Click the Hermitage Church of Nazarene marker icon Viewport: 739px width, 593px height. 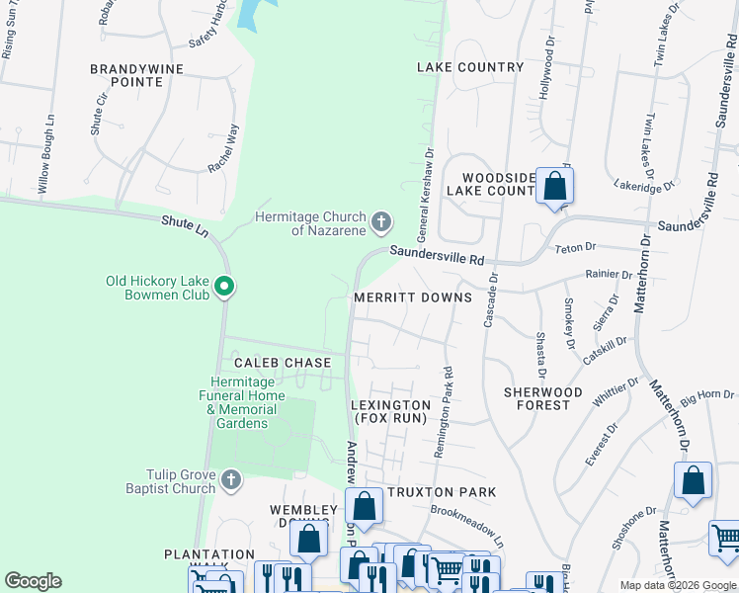pos(381,220)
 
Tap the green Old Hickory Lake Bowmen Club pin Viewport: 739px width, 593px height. pos(224,288)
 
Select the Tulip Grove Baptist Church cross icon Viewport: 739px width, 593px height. pos(231,480)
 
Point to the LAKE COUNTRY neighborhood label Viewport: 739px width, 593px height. pos(470,67)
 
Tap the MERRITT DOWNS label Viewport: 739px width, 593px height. pos(413,297)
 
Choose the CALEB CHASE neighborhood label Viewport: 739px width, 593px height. pos(282,363)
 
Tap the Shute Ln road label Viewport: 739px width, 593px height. pos(186,227)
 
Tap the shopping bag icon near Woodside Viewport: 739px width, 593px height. pos(555,185)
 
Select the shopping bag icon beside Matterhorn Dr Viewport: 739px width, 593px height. pos(693,480)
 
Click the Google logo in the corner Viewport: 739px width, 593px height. pos(34,581)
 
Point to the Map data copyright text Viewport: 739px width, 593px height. pos(677,585)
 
